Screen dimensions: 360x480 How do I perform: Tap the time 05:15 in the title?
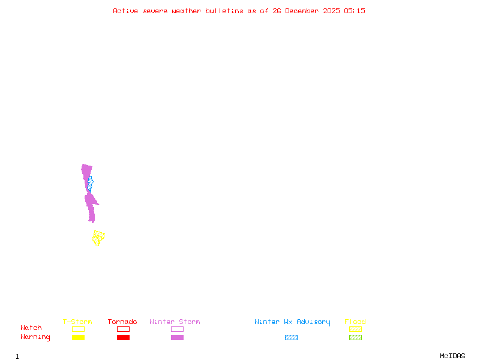click(355, 11)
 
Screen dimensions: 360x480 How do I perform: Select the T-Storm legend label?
click(77, 322)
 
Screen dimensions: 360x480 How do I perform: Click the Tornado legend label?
click(122, 322)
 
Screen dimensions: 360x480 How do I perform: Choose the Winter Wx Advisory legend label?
click(292, 322)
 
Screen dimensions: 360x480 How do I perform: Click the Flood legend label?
click(355, 322)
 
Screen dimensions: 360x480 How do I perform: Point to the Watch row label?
click(31, 328)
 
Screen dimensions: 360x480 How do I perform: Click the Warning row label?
click(35, 337)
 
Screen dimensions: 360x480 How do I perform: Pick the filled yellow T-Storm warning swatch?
click(78, 338)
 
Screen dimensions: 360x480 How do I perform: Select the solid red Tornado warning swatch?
click(123, 338)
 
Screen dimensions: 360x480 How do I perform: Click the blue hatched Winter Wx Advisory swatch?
click(291, 338)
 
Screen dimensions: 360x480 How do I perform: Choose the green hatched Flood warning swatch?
click(355, 338)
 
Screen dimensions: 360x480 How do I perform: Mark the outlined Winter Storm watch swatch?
click(177, 329)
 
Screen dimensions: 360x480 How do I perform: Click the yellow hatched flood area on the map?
click(98, 238)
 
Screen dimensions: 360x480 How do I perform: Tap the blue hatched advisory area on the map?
click(90, 182)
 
